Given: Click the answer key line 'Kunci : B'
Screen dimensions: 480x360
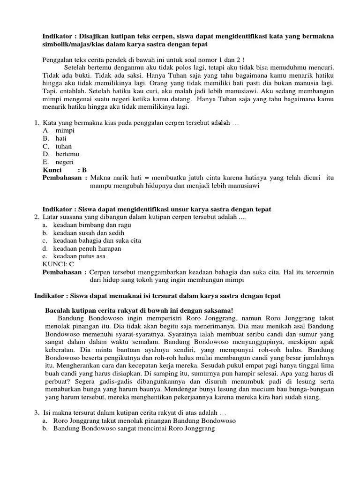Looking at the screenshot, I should point(65,170).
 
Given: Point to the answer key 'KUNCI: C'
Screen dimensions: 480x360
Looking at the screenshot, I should point(58,264).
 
